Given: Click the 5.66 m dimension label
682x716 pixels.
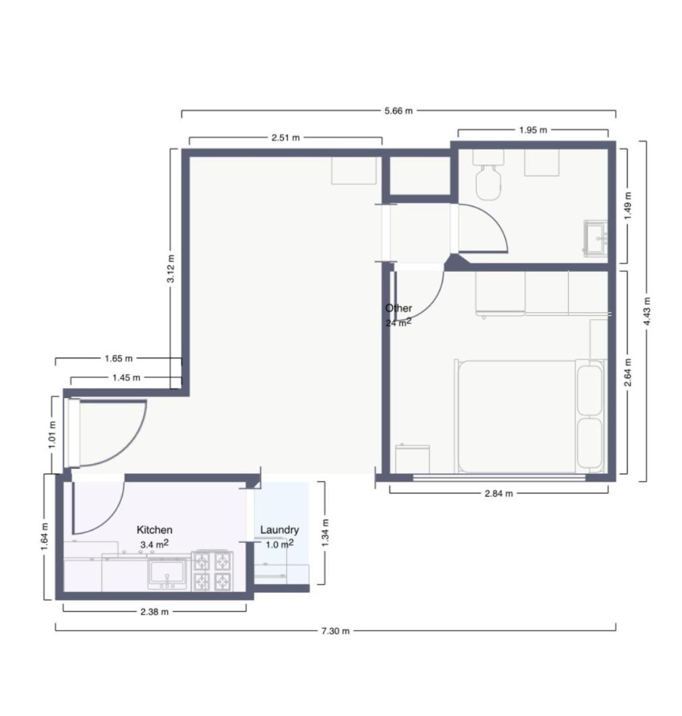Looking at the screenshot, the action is pos(398,111).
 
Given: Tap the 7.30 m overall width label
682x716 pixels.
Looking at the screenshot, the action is pos(335,631).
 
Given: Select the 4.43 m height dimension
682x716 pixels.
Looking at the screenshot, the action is pos(647,311).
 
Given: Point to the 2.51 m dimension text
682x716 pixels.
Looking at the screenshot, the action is pos(286,138).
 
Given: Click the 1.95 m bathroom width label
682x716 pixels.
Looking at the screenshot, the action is pos(533,130).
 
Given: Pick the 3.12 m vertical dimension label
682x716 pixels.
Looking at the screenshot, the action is pos(170,268).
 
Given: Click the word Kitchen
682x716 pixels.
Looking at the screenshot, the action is pos(154,529).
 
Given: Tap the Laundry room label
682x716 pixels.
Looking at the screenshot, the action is pos(280,529).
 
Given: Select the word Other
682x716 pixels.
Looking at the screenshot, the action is pos(398,308).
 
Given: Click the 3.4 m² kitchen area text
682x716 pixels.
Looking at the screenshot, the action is pos(154,544).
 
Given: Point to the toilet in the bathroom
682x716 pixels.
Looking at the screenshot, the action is pos(488,174).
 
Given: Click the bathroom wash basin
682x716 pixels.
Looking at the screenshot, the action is pos(596,238).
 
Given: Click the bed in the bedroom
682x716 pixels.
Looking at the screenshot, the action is pos(530,416).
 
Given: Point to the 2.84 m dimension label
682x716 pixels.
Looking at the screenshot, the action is pos(498,493).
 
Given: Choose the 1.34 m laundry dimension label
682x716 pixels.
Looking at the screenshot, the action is pos(325,532).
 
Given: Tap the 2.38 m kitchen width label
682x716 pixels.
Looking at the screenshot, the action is pos(154,612).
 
